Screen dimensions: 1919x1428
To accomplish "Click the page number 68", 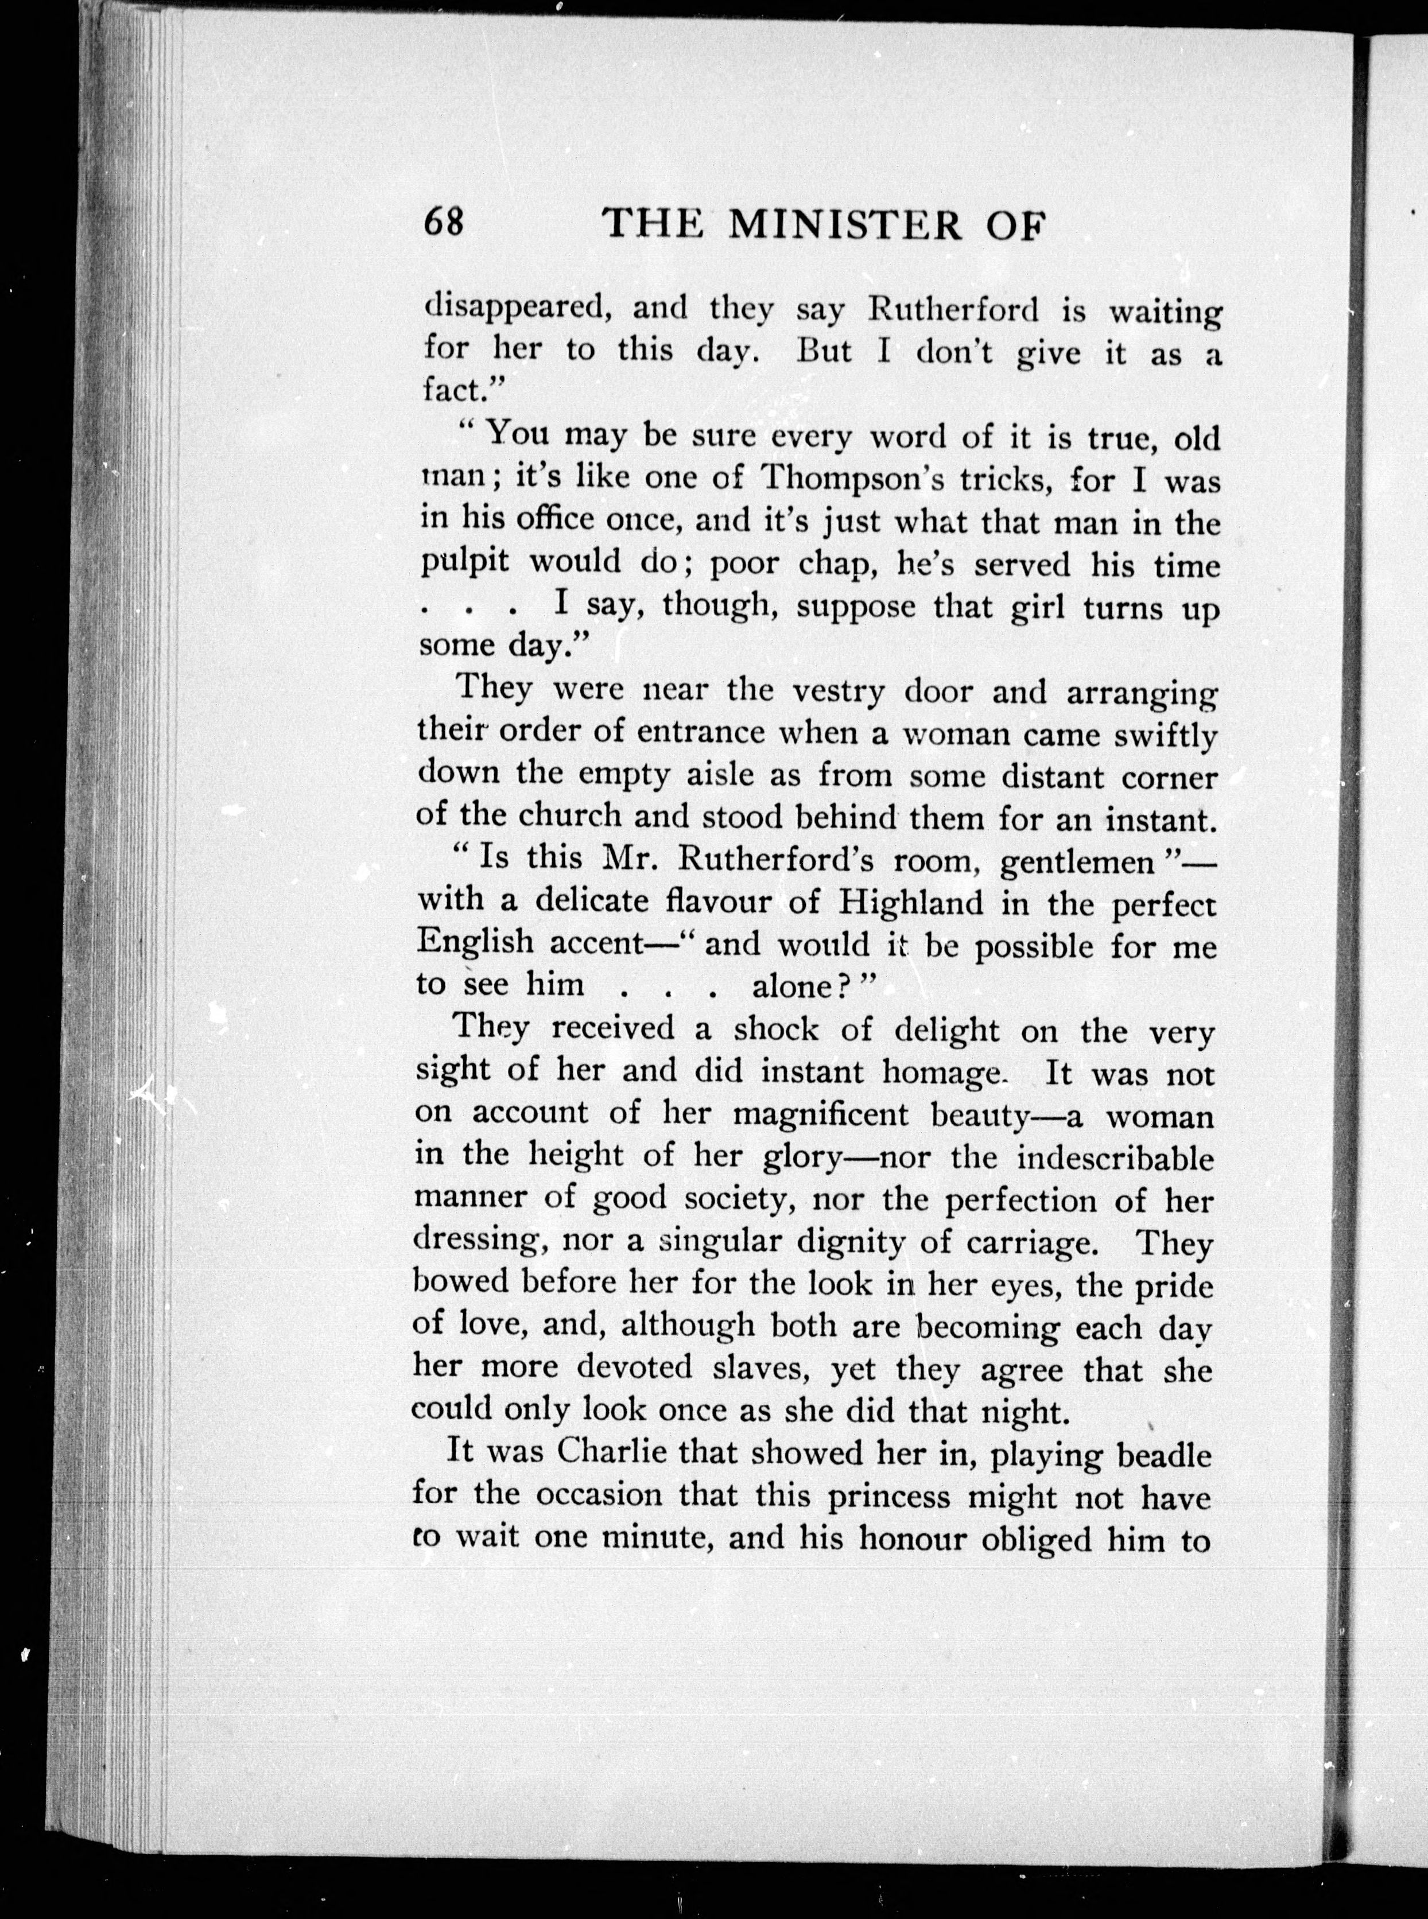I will point(444,224).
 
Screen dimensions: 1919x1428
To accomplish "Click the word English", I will point(475,943).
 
